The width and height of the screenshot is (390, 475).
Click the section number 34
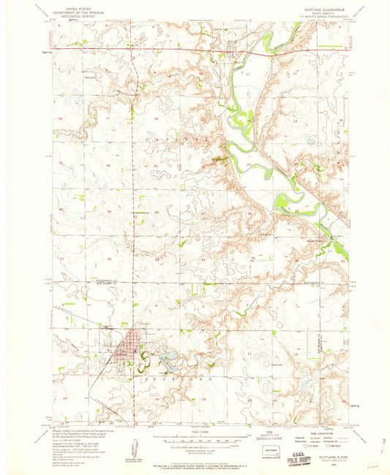[202, 259]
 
